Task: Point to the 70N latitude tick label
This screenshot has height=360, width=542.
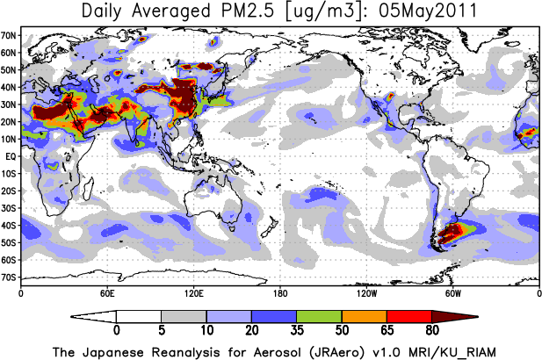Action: tap(10, 35)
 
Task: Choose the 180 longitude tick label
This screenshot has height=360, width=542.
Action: tap(279, 292)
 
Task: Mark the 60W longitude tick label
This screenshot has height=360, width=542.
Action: tap(452, 292)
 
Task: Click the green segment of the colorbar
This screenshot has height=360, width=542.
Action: tap(319, 316)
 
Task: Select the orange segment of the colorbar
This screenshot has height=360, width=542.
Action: tap(364, 316)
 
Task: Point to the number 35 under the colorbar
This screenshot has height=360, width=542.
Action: tap(296, 331)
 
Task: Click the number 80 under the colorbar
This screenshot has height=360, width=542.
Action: tap(431, 331)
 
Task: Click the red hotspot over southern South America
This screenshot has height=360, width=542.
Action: tap(458, 233)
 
